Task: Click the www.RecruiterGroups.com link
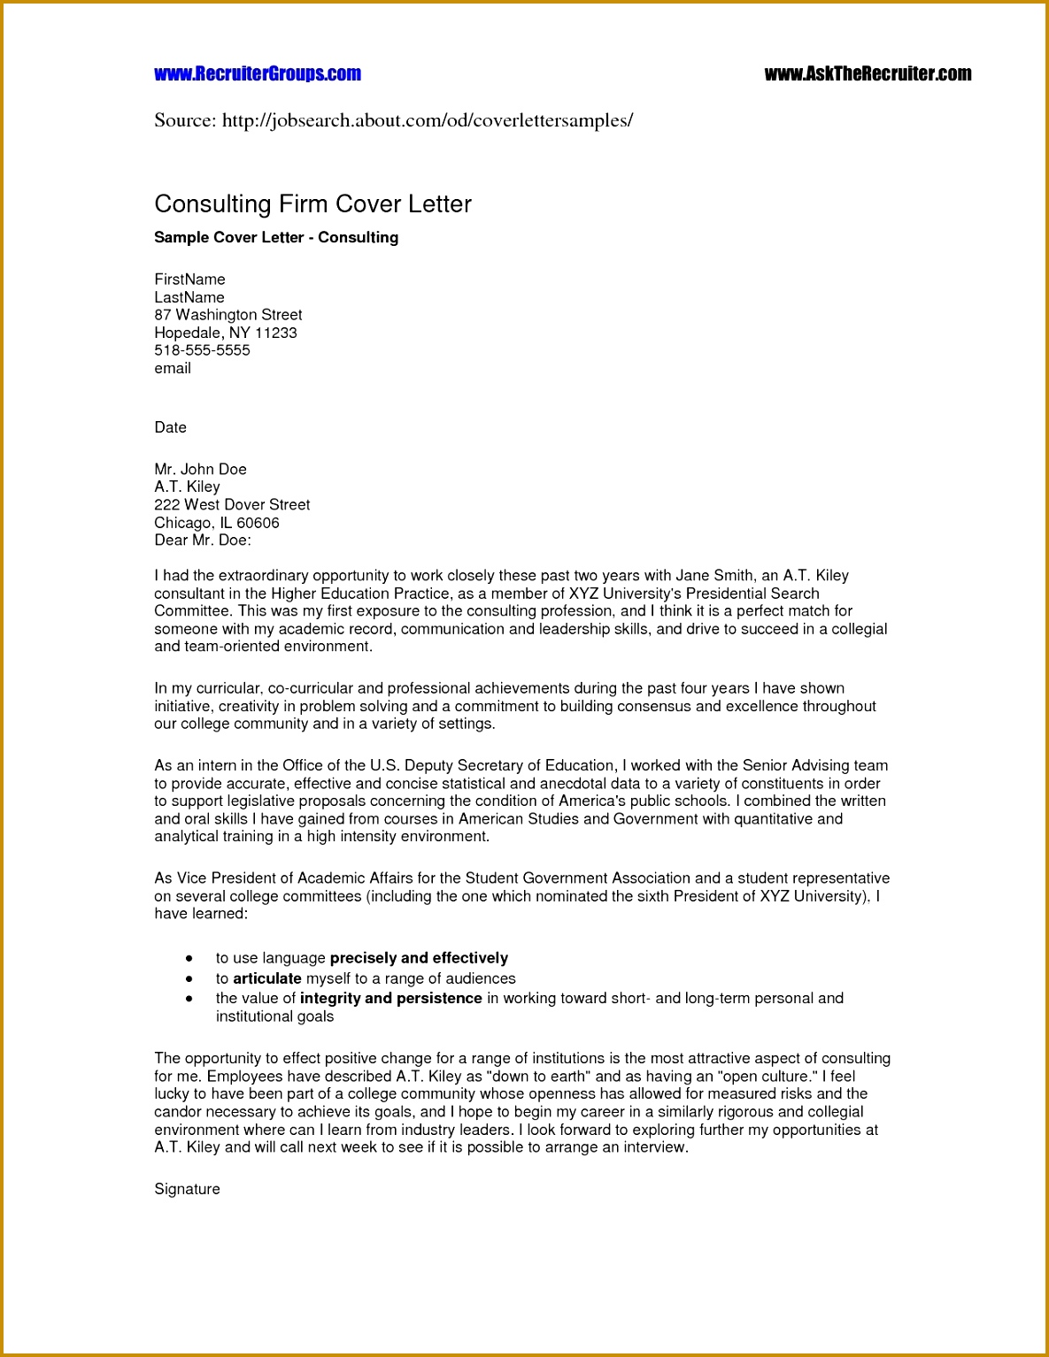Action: point(258,74)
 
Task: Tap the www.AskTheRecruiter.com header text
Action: point(868,74)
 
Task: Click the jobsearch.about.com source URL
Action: point(427,120)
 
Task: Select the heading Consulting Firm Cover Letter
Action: point(312,204)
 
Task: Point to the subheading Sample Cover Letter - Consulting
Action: point(276,237)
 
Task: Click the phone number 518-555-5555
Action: point(202,350)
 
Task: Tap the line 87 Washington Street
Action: point(228,315)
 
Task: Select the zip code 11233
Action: point(276,333)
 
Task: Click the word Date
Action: point(170,427)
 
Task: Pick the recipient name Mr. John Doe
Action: point(200,469)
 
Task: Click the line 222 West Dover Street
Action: point(232,504)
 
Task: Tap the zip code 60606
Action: point(258,523)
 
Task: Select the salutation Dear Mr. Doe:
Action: point(203,540)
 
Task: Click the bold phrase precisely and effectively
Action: point(419,958)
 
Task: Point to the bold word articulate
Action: point(267,978)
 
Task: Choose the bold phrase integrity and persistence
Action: point(390,998)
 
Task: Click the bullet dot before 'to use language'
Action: point(189,958)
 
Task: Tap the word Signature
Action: point(187,1189)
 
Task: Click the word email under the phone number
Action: point(173,368)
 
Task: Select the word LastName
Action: point(189,297)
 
